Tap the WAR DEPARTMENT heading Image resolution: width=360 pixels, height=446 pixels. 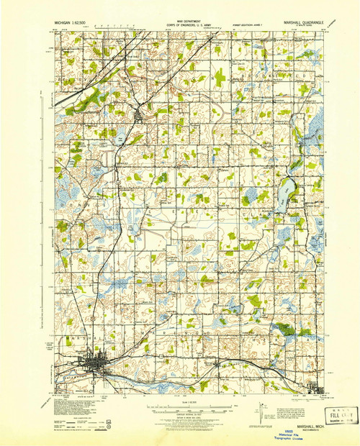pyautogui.click(x=179, y=20)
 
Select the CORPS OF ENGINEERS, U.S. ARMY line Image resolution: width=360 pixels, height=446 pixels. pyautogui.click(x=179, y=24)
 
